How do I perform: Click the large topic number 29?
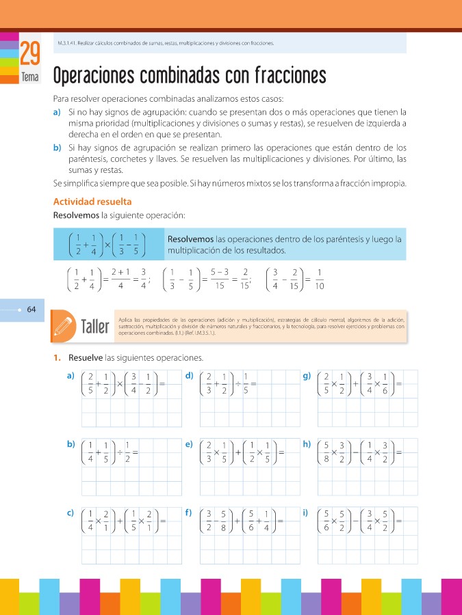pos(30,55)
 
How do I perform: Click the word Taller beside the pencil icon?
pos(95,327)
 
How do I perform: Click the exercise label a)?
pos(70,376)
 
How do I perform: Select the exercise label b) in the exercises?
pos(70,444)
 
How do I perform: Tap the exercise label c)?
pos(70,512)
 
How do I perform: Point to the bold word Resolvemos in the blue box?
pos(190,239)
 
